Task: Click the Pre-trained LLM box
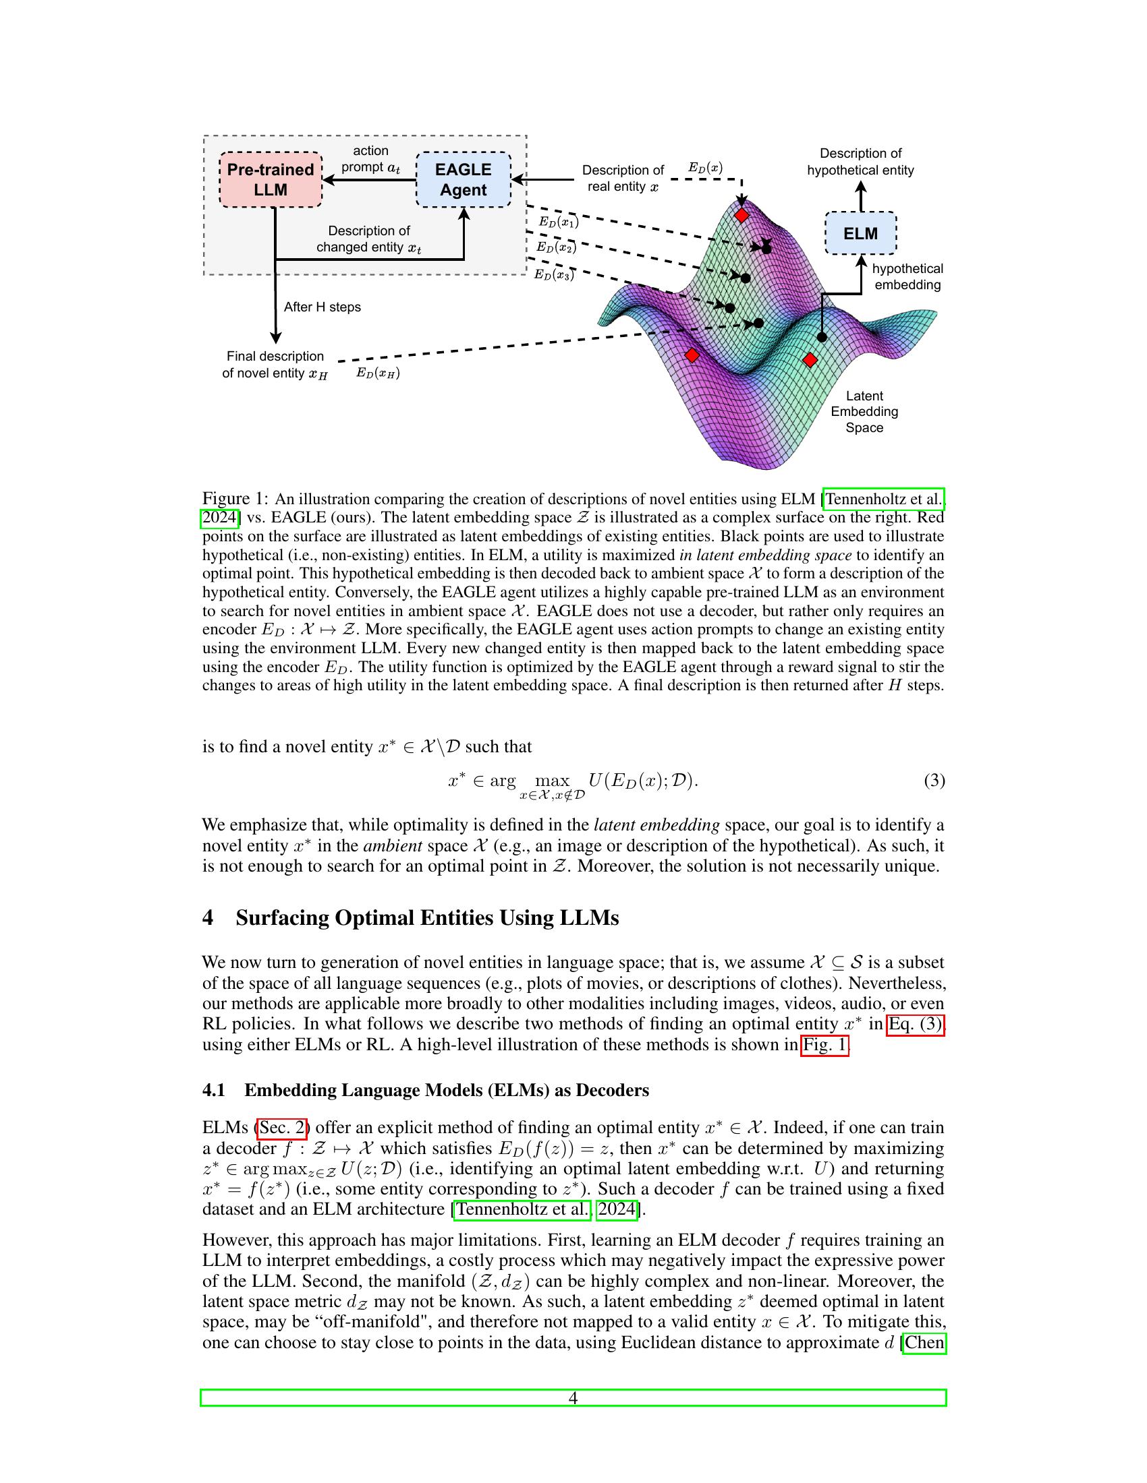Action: pos(270,179)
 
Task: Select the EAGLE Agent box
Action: pos(463,179)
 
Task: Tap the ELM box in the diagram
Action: pos(860,233)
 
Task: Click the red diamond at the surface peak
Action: pos(742,215)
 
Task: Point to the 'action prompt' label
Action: pos(370,159)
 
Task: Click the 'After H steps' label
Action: pos(322,307)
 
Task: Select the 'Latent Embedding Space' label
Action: pos(864,411)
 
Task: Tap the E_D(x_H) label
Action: pos(378,373)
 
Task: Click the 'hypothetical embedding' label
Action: pos(907,276)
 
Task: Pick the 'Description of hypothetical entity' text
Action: pos(860,162)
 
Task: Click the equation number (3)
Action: pos(934,780)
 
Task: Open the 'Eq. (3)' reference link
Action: pos(916,1023)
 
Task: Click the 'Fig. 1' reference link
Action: pos(824,1044)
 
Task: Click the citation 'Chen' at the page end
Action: pos(924,1342)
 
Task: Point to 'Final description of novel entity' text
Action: pos(275,365)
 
